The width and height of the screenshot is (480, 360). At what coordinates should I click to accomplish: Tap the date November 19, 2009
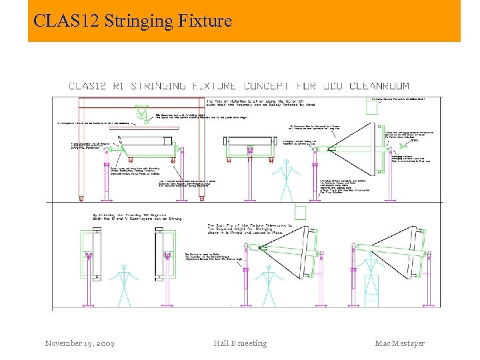click(79, 343)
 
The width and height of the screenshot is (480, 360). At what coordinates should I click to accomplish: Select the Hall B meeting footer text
click(240, 343)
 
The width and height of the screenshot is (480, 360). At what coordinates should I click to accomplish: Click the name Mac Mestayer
click(399, 343)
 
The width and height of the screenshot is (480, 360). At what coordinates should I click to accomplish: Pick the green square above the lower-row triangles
click(300, 212)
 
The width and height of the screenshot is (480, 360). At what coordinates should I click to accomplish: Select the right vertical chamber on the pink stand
click(160, 253)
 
